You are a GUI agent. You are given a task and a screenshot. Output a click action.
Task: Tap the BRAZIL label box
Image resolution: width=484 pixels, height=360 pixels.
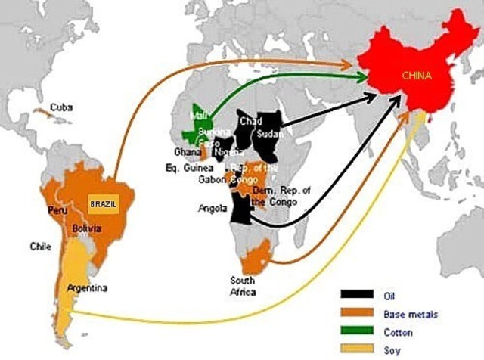[x=104, y=204]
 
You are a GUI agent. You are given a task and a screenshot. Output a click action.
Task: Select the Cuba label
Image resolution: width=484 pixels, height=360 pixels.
[x=61, y=107]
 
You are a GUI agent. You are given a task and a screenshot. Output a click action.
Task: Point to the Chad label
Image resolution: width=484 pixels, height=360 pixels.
[x=249, y=120]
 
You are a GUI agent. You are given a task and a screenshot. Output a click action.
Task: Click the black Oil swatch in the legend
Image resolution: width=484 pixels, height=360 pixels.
[x=356, y=295]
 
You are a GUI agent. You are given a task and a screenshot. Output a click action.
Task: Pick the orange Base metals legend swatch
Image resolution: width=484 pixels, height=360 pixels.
[x=356, y=312]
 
